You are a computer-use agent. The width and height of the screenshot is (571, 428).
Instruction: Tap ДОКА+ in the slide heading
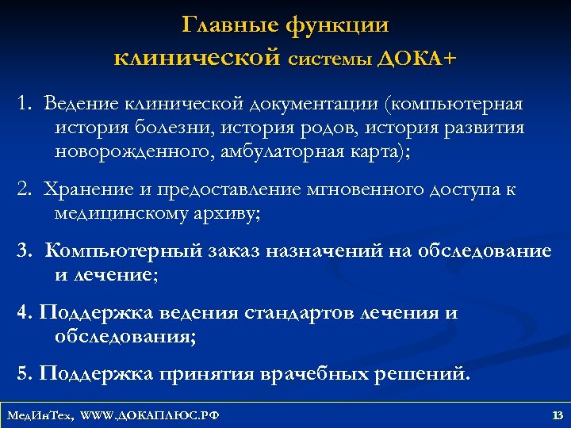point(416,58)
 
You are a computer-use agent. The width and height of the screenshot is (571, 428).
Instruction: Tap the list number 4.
point(24,312)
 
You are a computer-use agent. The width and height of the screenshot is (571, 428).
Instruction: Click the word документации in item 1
point(308,104)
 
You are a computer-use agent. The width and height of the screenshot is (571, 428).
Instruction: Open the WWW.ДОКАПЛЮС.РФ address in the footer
point(151,415)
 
